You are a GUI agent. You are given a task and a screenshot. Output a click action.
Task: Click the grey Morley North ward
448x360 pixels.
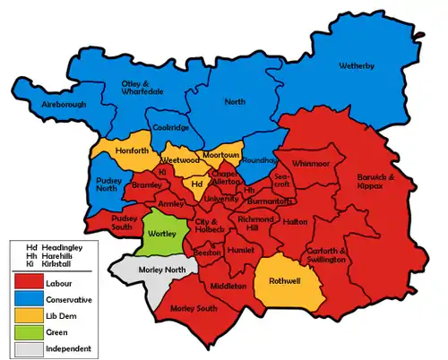(144, 270)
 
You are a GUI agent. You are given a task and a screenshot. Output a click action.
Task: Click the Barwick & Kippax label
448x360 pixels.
(390, 181)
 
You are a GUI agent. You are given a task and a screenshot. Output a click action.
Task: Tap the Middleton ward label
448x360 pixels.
(229, 286)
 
